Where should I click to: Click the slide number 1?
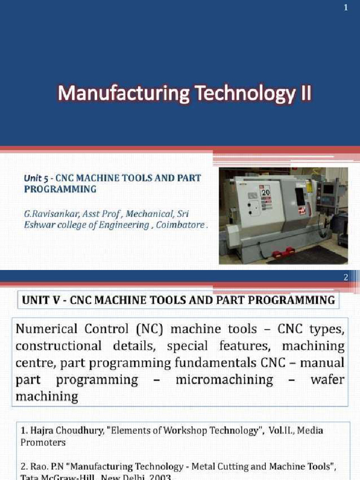tap(345, 9)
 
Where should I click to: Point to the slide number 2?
tap(345, 277)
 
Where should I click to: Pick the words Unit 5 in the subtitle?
tap(37, 179)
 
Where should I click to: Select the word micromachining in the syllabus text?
tap(224, 380)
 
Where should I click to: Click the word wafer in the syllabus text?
tap(327, 380)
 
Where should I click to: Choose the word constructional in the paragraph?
tap(58, 346)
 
